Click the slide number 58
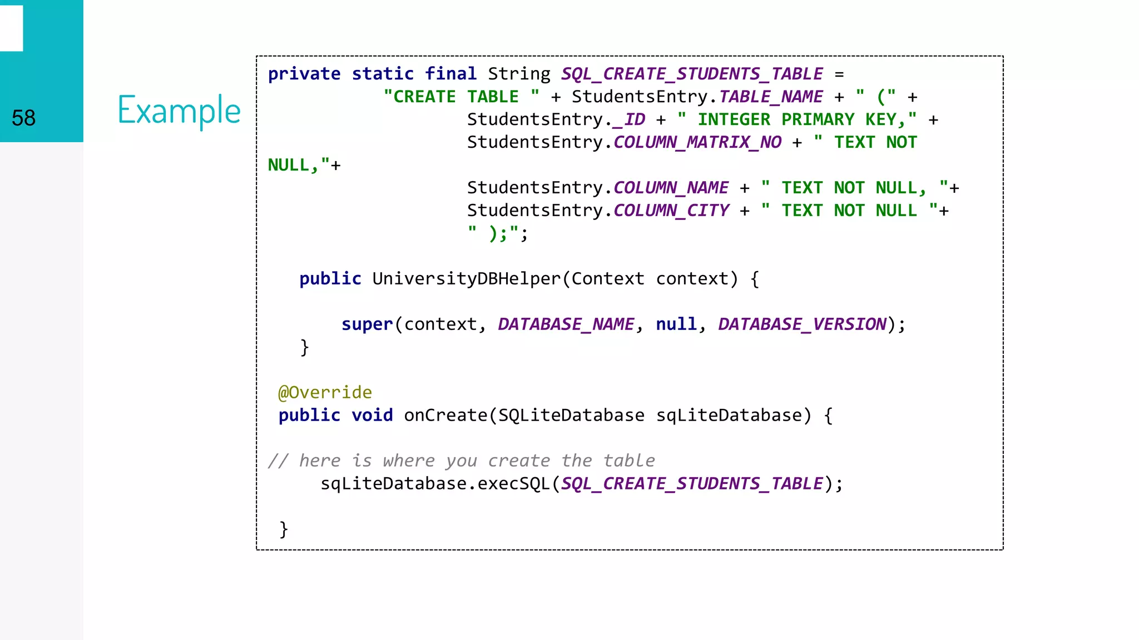23,118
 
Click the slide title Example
179,110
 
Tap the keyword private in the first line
304,74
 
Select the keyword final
450,74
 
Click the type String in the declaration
519,74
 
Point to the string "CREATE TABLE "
461,97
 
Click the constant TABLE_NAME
771,97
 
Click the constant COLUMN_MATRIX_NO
697,142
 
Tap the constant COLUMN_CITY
671,211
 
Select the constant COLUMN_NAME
671,188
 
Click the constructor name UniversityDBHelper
466,279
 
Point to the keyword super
367,324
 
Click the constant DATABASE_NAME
566,324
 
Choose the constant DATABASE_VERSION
802,324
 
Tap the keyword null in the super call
676,324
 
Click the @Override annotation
325,393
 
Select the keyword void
372,416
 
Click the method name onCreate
445,416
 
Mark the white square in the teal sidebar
11,28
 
